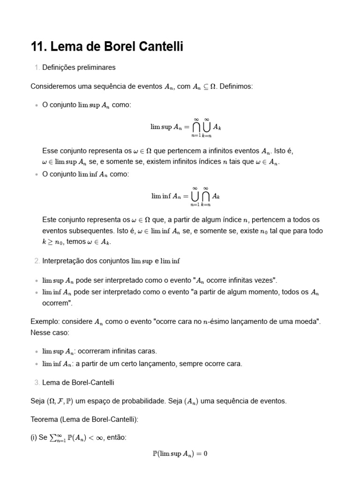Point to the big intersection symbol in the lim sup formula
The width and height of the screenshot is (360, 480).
point(196,127)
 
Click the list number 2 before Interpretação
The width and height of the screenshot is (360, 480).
point(37,261)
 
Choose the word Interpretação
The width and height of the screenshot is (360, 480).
point(62,261)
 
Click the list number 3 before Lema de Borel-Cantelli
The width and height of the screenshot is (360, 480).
point(37,382)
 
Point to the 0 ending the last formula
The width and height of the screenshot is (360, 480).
point(205,454)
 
